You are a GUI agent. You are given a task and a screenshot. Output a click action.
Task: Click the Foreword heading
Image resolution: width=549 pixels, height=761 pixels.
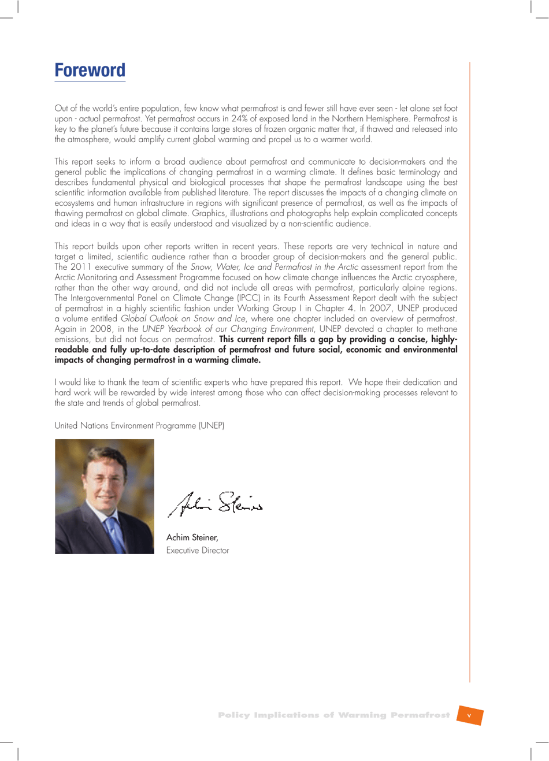90,70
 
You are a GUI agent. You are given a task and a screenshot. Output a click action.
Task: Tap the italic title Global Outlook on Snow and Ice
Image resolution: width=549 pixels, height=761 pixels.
183,318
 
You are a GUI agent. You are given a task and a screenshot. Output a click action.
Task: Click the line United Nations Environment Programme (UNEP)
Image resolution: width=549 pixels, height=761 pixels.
139,425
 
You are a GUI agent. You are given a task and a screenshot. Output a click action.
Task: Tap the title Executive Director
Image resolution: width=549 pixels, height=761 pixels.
198,551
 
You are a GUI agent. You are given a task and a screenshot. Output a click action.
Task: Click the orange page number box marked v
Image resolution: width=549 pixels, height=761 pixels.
469,715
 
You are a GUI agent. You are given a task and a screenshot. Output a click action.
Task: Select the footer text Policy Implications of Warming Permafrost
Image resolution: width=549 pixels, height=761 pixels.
333,715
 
